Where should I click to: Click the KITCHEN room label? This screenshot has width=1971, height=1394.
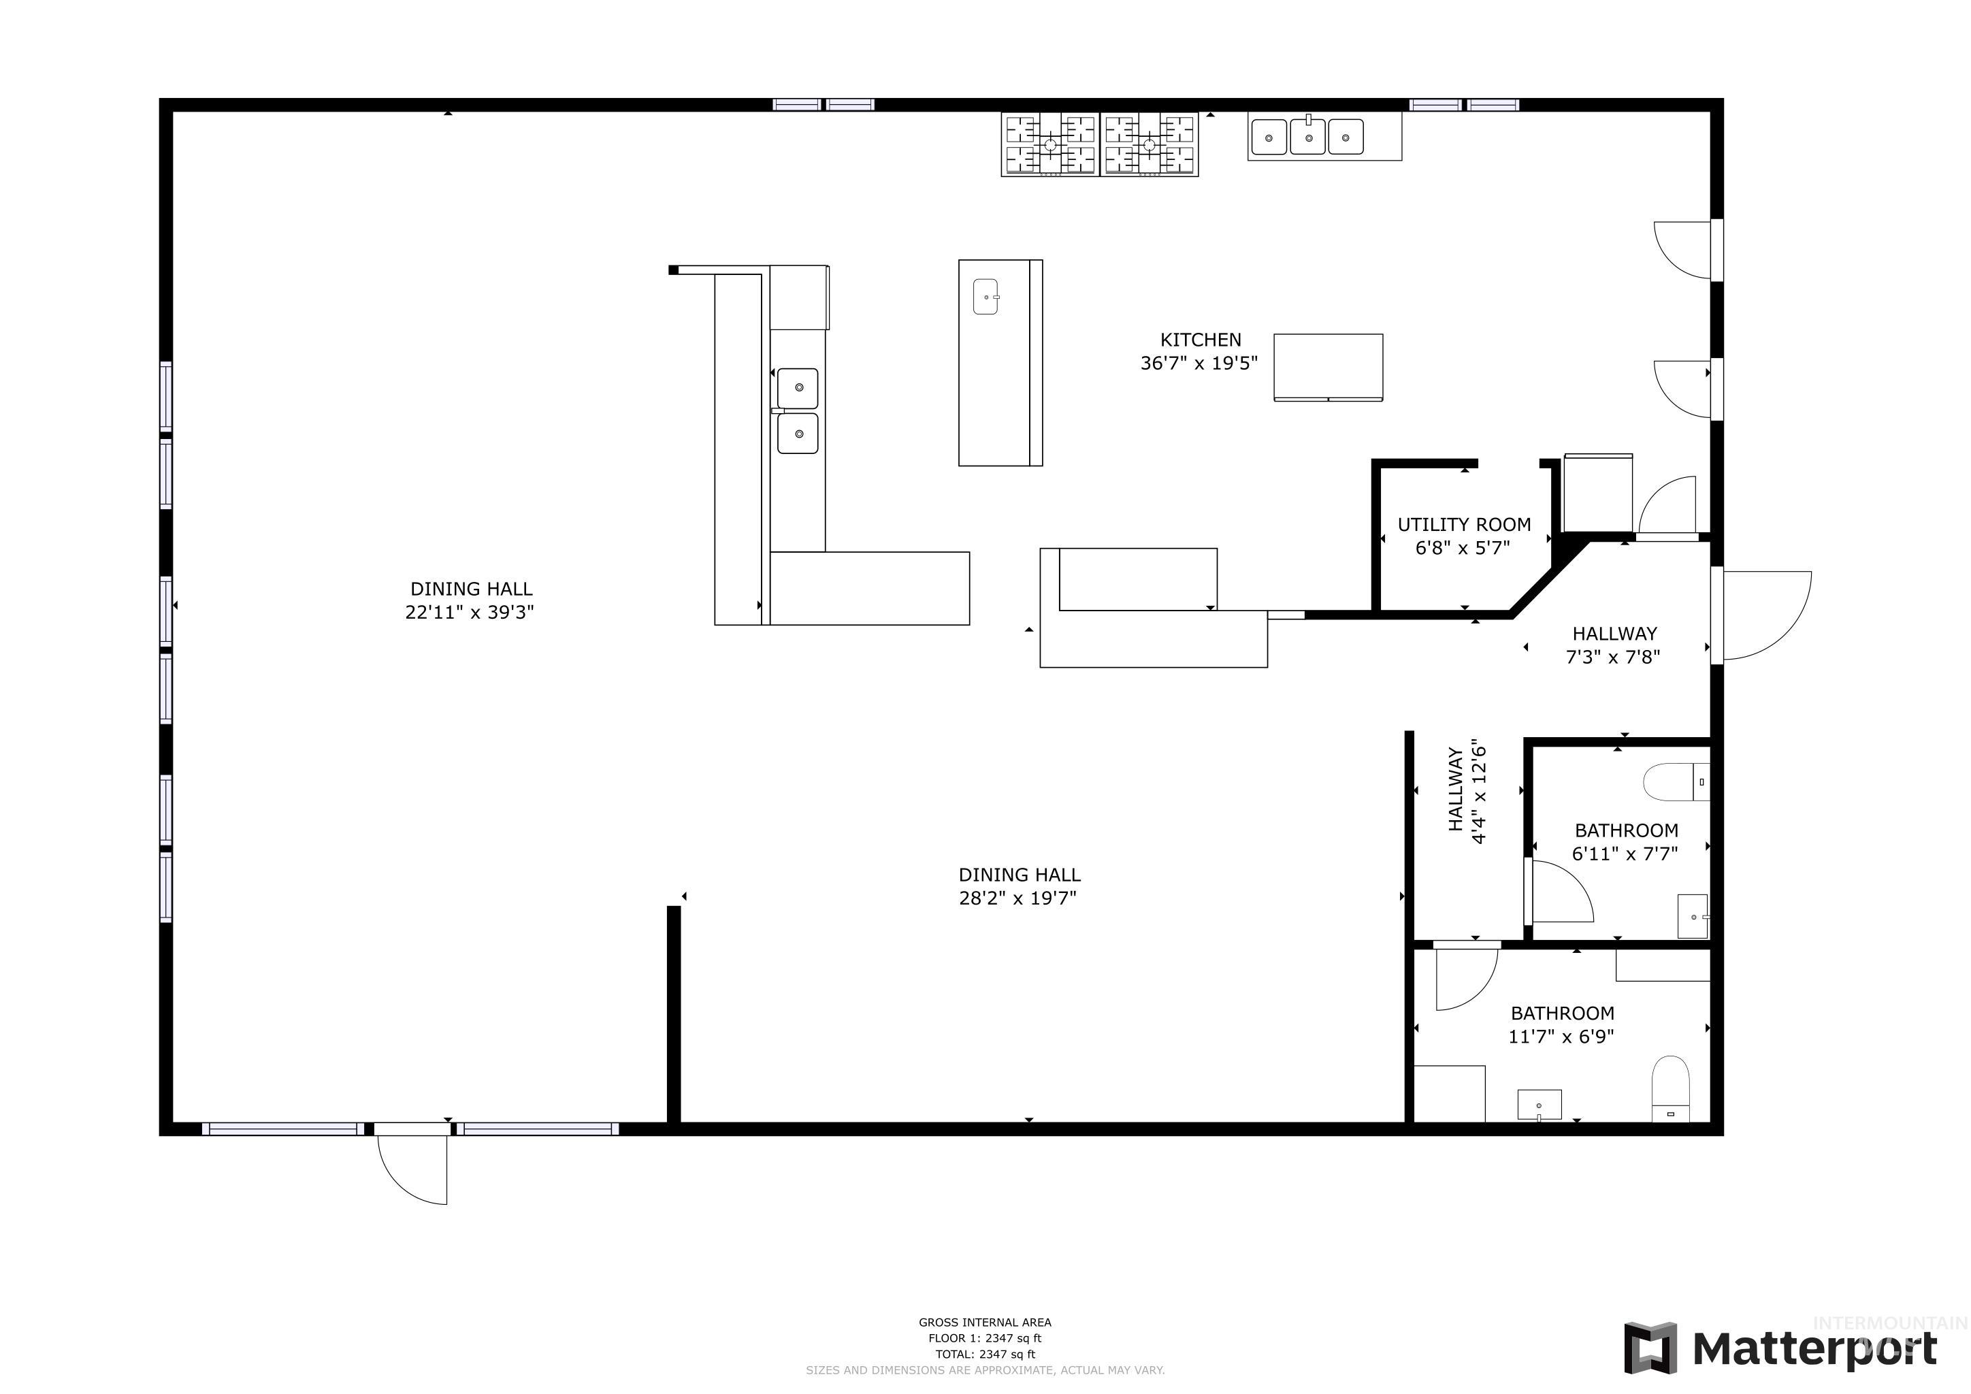(1200, 340)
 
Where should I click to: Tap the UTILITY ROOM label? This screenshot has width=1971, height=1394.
(1464, 525)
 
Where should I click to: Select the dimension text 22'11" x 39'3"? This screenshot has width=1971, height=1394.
(470, 612)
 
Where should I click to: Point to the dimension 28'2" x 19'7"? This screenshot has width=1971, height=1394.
(1017, 898)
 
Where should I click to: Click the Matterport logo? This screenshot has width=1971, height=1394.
(1780, 1348)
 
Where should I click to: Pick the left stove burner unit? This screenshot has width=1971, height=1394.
(1050, 144)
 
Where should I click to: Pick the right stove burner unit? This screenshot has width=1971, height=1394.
(1150, 144)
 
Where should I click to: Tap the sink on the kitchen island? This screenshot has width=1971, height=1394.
(986, 297)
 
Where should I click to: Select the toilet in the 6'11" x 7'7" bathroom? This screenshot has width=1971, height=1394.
(1676, 782)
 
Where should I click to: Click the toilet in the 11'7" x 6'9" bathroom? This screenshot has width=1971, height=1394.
(1671, 1088)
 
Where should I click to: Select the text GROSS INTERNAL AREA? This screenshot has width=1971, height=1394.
(985, 1323)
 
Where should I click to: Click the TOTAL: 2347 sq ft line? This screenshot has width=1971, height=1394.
(985, 1354)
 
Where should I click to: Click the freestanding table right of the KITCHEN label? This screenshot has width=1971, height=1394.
(1327, 368)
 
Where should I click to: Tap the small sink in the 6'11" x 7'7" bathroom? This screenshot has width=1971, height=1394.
(1692, 917)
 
